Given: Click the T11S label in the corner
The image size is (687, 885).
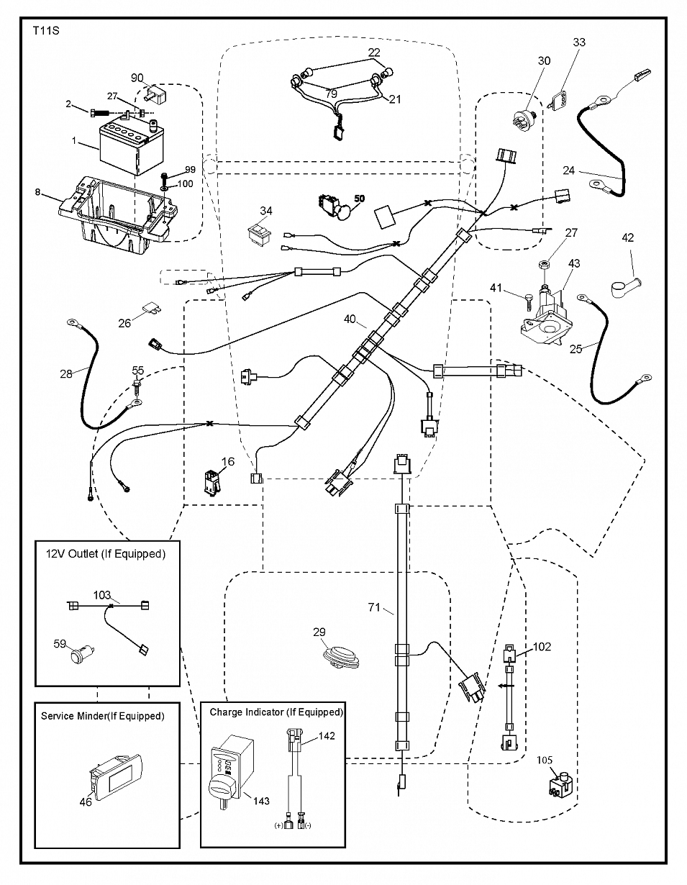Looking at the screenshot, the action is tap(46, 31).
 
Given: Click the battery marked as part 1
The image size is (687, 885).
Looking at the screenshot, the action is tap(131, 148).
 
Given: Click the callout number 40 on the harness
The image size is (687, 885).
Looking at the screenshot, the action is tap(350, 319).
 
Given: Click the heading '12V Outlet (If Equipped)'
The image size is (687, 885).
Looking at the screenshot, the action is tap(106, 554).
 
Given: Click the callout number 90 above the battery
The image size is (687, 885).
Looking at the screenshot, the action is tap(137, 78).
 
